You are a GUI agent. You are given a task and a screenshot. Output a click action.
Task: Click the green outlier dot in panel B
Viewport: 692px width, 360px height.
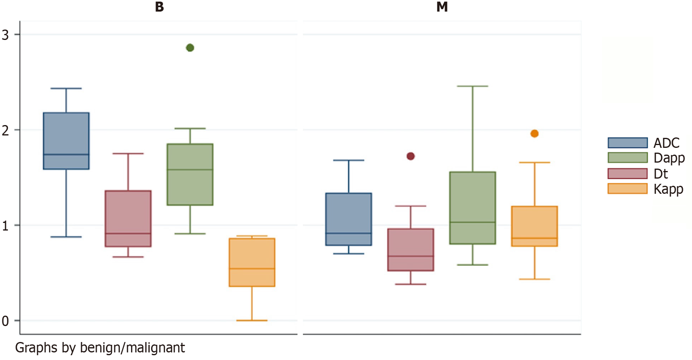pyautogui.click(x=190, y=48)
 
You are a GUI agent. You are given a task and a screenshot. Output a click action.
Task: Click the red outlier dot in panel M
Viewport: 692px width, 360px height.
pyautogui.click(x=411, y=156)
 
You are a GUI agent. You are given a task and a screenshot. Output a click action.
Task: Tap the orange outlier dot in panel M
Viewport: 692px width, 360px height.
pyautogui.click(x=534, y=133)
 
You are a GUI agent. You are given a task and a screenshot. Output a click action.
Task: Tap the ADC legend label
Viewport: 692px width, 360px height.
pyautogui.click(x=666, y=143)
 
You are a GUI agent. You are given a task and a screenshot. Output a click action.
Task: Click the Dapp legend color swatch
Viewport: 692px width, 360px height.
pyautogui.click(x=627, y=158)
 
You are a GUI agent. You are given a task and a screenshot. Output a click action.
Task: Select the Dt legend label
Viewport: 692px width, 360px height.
pyautogui.click(x=660, y=174)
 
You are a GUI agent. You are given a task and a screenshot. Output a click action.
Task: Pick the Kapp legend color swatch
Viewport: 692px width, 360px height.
pyautogui.click(x=627, y=189)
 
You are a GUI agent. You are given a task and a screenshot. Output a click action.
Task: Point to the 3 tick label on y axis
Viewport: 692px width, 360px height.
pyautogui.click(x=5, y=35)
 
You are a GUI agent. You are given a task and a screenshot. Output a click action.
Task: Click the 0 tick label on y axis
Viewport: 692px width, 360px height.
pyautogui.click(x=5, y=321)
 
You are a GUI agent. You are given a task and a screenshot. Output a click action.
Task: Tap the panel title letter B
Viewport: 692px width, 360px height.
pyautogui.click(x=159, y=7)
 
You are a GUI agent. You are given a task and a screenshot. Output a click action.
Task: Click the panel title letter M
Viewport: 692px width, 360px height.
pyautogui.click(x=442, y=7)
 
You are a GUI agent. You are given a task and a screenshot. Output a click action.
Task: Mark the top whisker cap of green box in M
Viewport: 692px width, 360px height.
pyautogui.click(x=473, y=86)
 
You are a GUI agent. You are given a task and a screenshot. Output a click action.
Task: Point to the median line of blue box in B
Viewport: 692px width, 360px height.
pyautogui.click(x=66, y=154)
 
